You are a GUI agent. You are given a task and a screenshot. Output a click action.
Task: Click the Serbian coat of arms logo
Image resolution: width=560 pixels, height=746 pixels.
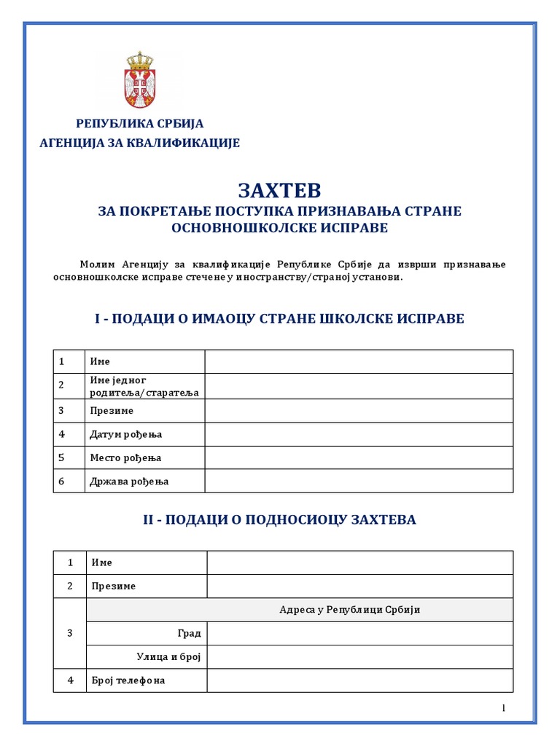click(139, 80)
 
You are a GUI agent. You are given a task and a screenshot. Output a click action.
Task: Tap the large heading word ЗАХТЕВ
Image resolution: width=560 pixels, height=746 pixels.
click(279, 190)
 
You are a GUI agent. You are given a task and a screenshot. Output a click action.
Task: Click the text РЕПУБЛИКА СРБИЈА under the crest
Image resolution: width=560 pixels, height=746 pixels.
click(140, 123)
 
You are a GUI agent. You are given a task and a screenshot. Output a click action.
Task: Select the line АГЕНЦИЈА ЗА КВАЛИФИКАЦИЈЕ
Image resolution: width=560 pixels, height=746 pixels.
click(139, 143)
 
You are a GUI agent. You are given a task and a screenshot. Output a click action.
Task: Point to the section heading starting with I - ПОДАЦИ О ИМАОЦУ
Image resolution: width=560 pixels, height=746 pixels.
click(279, 318)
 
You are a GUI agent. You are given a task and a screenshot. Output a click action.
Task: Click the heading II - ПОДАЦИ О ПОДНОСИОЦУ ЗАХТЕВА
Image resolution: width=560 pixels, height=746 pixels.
click(279, 519)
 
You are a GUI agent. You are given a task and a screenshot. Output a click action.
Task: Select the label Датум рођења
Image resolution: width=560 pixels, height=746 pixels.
click(125, 434)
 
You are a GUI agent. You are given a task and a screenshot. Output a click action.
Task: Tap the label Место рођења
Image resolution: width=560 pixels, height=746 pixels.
click(125, 458)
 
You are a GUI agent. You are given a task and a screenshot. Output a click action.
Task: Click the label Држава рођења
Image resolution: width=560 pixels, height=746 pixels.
click(129, 481)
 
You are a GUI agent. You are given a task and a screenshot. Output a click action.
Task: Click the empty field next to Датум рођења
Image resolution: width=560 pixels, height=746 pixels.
click(359, 434)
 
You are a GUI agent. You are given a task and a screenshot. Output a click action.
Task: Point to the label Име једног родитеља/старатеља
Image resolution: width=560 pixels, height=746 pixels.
click(144, 386)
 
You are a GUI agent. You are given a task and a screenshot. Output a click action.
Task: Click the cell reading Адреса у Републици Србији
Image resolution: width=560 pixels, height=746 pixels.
click(349, 610)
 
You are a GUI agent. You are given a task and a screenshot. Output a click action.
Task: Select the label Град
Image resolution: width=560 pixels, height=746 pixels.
click(189, 633)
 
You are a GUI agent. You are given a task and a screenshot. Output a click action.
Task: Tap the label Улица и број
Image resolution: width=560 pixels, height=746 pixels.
click(168, 657)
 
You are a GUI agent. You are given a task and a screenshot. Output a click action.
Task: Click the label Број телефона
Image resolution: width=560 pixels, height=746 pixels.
click(128, 680)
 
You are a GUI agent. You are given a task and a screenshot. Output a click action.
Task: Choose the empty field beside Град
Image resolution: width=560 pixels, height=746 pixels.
click(360, 633)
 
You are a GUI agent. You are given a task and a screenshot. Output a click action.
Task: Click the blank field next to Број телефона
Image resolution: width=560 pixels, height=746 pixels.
click(360, 680)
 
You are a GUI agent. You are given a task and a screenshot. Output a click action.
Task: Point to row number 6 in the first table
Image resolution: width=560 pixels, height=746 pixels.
click(62, 481)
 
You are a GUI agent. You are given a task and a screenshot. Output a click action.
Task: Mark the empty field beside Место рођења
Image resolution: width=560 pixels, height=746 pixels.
click(359, 458)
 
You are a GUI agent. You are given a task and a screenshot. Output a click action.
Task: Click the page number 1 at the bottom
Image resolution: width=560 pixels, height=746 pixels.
click(503, 708)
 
